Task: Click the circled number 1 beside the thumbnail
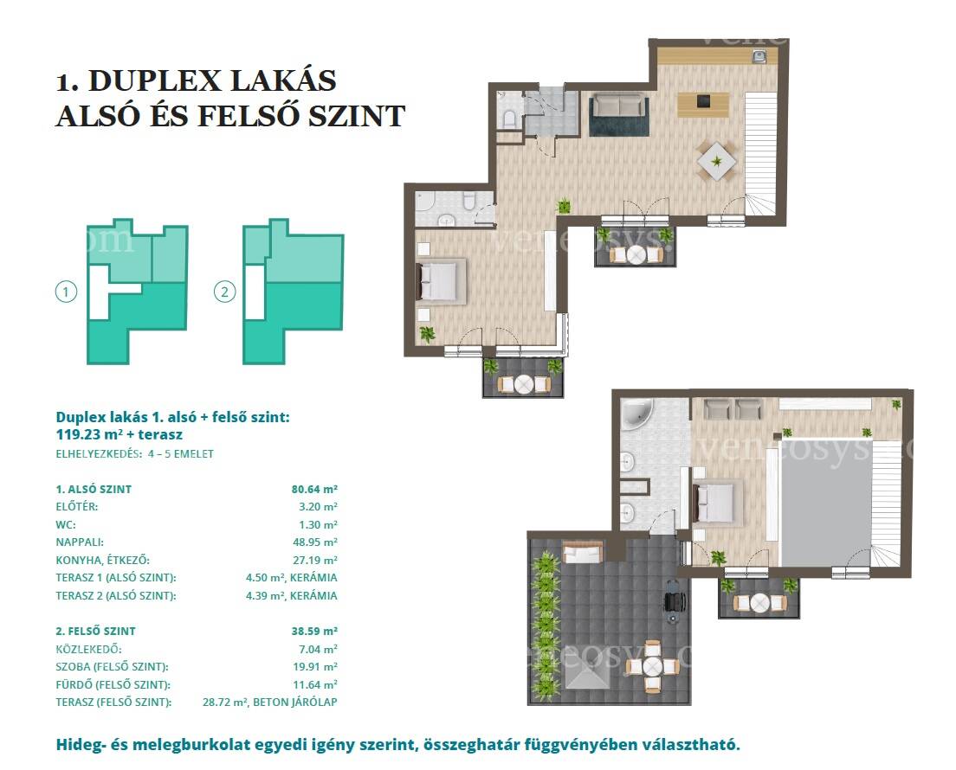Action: click(x=66, y=292)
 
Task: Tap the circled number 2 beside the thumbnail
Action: click(x=224, y=292)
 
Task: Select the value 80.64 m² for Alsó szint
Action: click(x=314, y=489)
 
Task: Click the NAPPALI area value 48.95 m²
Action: click(x=314, y=542)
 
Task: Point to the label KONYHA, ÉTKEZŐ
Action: click(x=102, y=560)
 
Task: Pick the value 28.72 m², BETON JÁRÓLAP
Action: click(x=269, y=702)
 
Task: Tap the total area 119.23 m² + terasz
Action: click(x=119, y=434)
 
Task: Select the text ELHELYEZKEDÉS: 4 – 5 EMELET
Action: click(x=135, y=454)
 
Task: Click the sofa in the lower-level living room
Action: click(x=619, y=106)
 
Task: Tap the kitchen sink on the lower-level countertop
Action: click(x=759, y=56)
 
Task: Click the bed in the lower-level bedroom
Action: click(x=441, y=280)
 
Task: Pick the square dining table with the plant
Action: click(x=717, y=162)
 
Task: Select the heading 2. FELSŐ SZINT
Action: click(x=96, y=631)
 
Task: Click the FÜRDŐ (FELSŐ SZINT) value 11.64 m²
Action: click(x=315, y=684)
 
